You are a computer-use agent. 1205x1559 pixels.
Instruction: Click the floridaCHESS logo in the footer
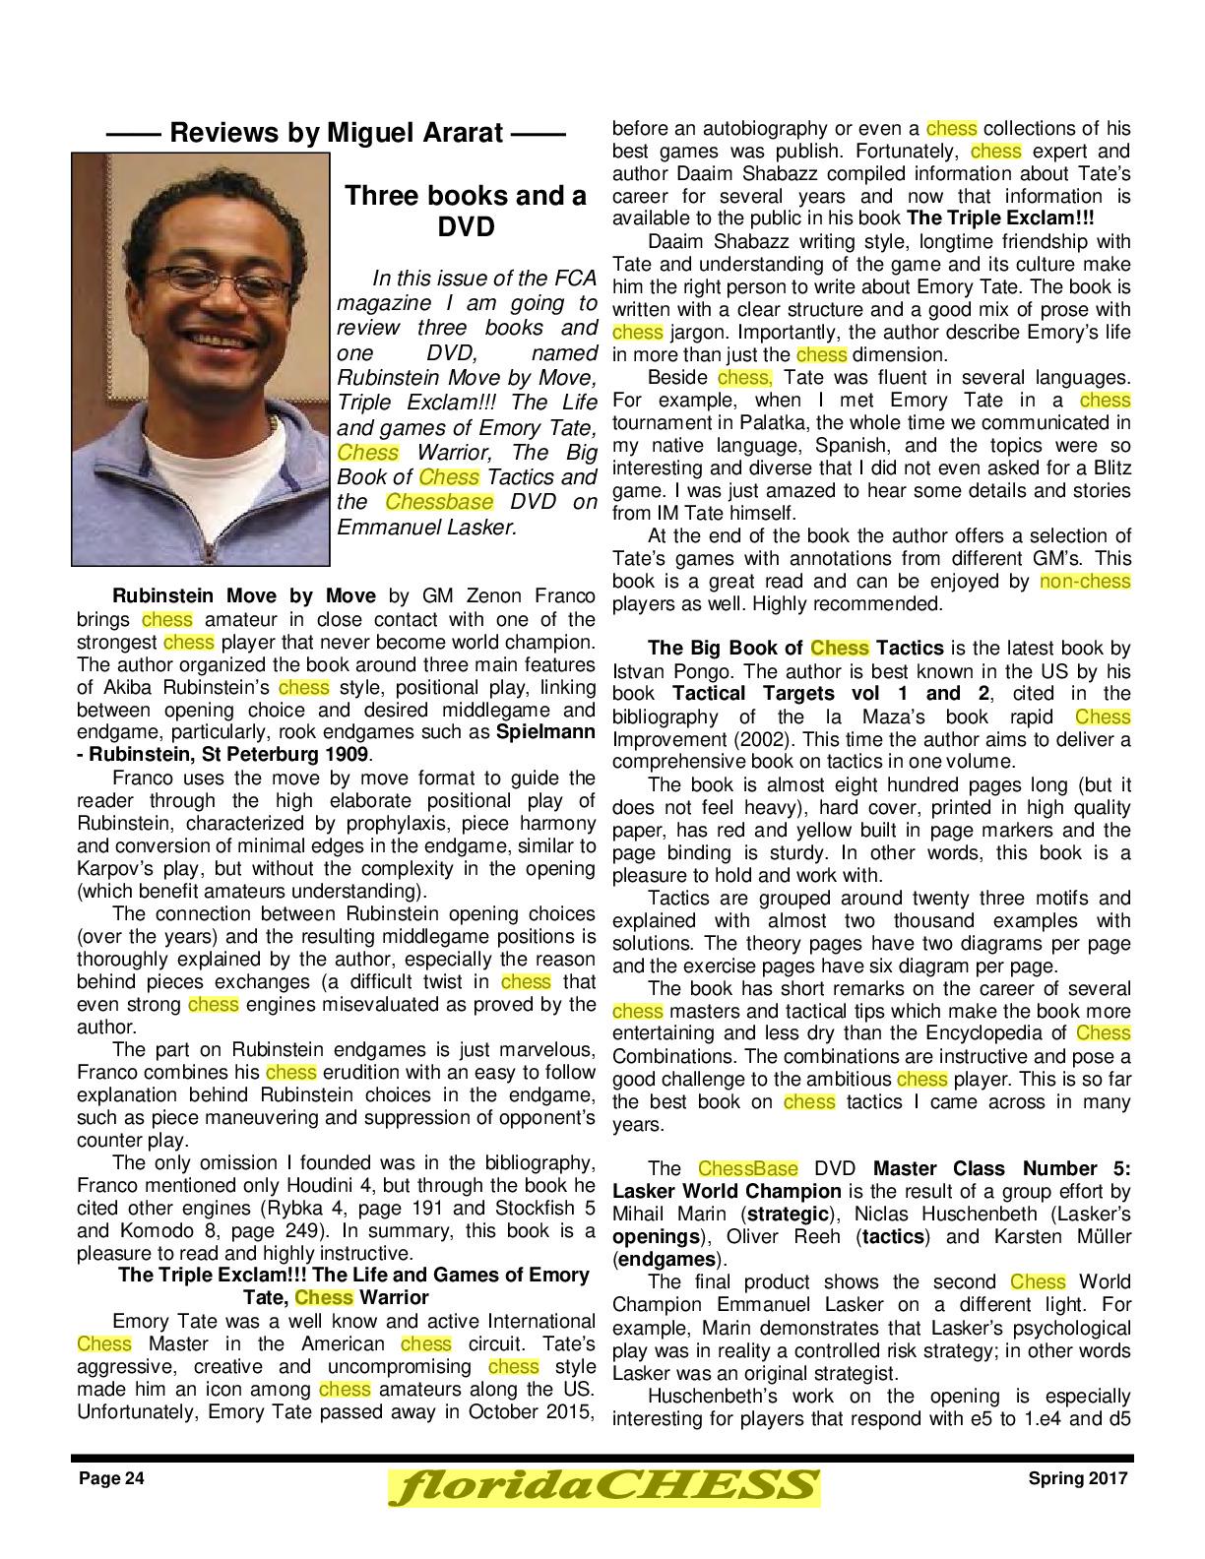click(x=602, y=1486)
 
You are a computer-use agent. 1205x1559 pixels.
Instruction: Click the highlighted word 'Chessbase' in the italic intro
click(x=438, y=502)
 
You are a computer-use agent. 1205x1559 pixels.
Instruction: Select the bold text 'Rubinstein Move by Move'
click(x=244, y=596)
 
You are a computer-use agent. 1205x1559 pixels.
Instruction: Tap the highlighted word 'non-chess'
click(x=1085, y=582)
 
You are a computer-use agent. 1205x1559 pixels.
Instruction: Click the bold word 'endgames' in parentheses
click(x=663, y=1260)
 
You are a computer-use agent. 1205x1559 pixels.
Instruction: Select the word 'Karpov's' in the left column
click(x=111, y=869)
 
